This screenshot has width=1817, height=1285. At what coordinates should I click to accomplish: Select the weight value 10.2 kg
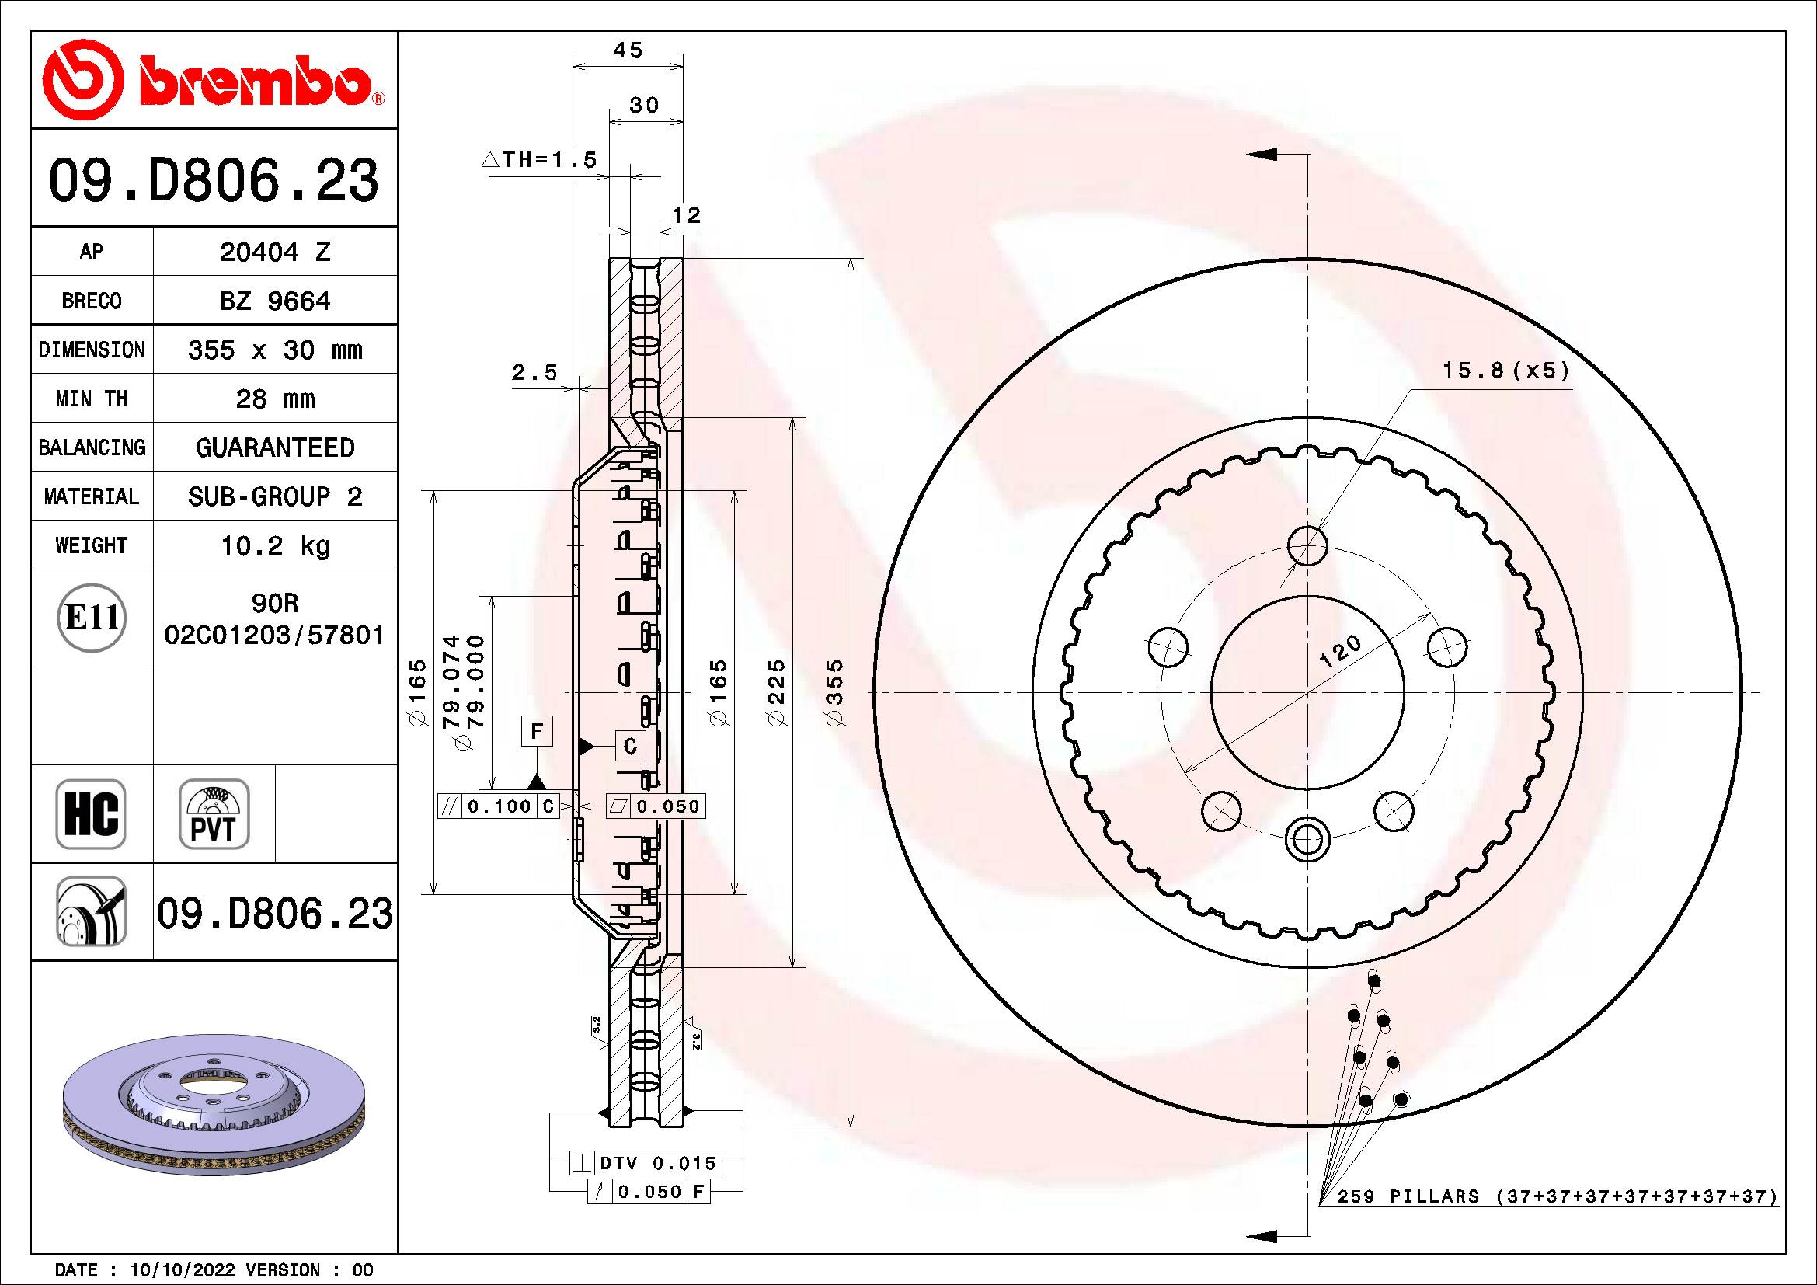[274, 545]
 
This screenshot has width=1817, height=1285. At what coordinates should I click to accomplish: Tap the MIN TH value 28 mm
[274, 399]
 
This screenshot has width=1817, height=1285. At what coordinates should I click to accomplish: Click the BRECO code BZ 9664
[274, 301]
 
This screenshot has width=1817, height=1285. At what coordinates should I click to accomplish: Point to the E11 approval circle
[92, 618]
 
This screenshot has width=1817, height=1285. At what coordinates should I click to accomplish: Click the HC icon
[91, 813]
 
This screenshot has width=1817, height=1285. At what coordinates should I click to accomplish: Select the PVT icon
[214, 813]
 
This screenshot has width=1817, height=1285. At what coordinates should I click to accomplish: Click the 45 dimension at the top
[628, 50]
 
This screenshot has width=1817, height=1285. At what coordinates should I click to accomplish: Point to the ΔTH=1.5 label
[539, 160]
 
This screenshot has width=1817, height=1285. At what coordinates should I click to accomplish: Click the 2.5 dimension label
[534, 372]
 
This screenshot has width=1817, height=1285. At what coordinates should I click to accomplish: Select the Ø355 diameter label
[835, 692]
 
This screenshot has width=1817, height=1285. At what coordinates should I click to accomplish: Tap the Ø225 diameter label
[776, 692]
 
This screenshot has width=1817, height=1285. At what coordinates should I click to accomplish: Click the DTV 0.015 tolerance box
[657, 1163]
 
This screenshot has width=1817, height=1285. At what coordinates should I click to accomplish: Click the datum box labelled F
[537, 732]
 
